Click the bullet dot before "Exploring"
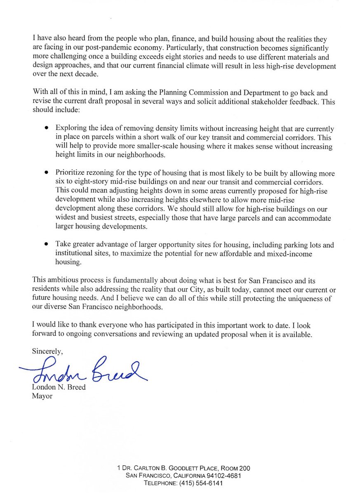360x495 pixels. point(47,129)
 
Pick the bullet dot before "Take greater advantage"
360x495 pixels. point(47,245)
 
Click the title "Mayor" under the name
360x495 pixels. point(42,396)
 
